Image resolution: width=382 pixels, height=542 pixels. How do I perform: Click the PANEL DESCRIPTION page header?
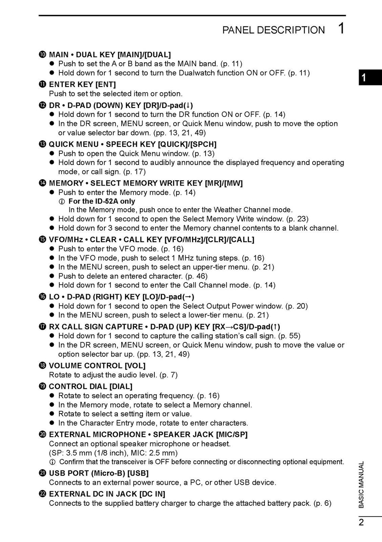click(x=273, y=30)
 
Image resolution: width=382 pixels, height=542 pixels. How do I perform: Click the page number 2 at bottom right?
click(x=361, y=522)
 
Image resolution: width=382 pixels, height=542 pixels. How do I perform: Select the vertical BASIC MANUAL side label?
click(x=361, y=485)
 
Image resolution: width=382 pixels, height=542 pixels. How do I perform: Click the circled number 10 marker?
click(x=42, y=55)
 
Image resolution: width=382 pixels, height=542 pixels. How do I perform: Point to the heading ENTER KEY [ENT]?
click(x=82, y=84)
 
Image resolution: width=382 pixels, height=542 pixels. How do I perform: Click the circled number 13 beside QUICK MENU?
click(x=42, y=144)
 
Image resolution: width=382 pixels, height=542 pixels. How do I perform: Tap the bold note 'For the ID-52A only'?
click(x=101, y=201)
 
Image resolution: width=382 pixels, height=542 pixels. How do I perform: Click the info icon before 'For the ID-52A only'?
click(x=62, y=202)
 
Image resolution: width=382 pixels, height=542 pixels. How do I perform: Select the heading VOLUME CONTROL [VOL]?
click(x=97, y=365)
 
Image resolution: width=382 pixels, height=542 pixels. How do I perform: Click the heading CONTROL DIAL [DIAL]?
click(x=91, y=386)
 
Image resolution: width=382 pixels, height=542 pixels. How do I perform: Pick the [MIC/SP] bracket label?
click(x=232, y=434)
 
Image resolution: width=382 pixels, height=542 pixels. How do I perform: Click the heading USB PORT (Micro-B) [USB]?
click(x=98, y=473)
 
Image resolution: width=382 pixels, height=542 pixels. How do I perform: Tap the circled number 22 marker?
click(x=42, y=494)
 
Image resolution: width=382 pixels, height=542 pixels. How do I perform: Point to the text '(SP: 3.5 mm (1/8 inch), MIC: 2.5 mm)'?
click(x=113, y=453)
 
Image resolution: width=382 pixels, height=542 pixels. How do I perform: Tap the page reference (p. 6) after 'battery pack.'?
click(x=322, y=503)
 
